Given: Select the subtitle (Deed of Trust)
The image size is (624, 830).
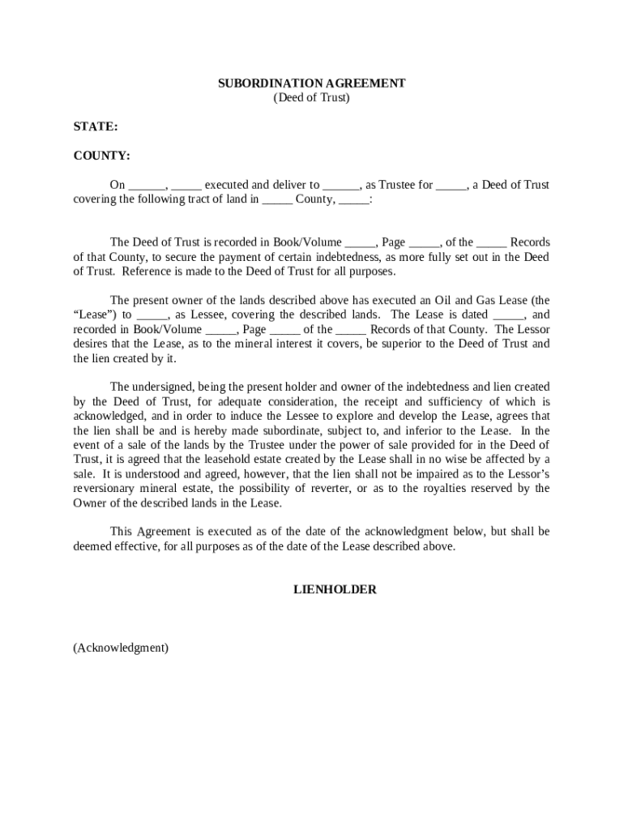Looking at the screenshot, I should (311, 98).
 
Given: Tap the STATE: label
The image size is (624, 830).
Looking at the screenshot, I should (96, 127).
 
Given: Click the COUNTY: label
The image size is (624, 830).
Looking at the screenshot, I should (101, 156).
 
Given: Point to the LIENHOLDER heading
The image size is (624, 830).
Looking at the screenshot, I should (335, 590).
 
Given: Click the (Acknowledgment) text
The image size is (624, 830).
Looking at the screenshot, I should (121, 648).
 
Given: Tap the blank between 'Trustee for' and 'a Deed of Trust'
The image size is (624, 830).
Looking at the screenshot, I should (451, 186).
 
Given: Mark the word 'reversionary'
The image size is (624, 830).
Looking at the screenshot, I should (105, 488).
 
